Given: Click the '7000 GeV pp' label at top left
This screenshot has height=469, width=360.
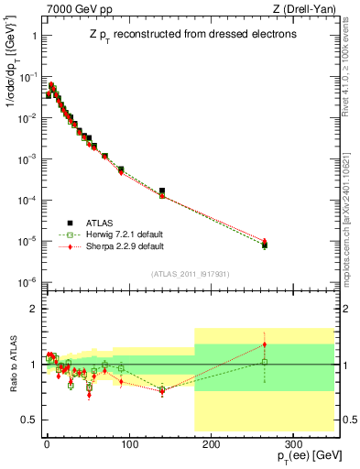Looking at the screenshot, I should pos(74,9).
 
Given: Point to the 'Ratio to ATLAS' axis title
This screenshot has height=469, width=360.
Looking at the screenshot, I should pos(11,365).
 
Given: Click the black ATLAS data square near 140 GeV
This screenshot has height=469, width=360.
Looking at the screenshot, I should pos(162,191).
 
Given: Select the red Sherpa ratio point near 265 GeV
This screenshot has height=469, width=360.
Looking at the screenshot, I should pos(265,344).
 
